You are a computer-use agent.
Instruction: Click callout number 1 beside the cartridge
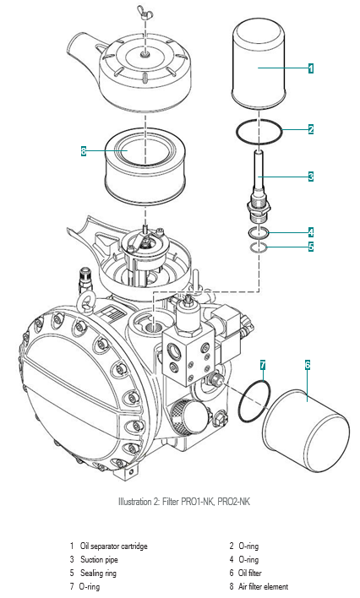coord(311,68)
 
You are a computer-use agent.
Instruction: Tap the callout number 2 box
coord(311,129)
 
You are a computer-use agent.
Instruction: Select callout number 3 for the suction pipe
coord(311,177)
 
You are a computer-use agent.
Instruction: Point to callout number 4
coord(311,232)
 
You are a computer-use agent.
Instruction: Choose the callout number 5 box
coord(311,247)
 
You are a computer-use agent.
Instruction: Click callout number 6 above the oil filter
coord(308,365)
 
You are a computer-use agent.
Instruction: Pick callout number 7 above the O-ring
coord(263,365)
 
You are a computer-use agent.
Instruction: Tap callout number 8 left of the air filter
coord(84,151)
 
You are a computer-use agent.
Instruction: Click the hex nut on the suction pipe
coord(259,208)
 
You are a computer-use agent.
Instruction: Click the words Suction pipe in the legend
coord(99,559)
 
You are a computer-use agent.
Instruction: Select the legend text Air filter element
coord(263,586)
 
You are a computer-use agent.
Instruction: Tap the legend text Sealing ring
coord(98,573)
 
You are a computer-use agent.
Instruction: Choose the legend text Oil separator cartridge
coord(113,546)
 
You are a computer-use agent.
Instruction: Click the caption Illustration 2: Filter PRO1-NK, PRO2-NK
coord(184,501)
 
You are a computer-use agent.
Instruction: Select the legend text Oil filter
coord(250,573)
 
